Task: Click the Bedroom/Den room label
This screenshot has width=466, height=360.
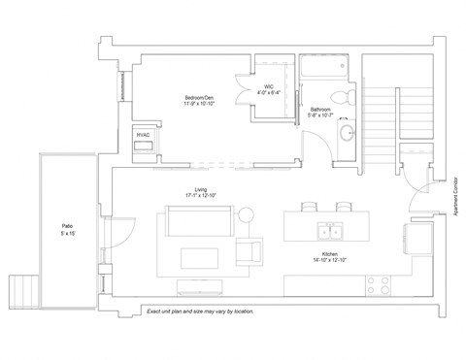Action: pyautogui.click(x=198, y=97)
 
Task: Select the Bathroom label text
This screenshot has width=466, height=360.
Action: pyautogui.click(x=319, y=110)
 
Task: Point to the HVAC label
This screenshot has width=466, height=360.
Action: pyautogui.click(x=143, y=134)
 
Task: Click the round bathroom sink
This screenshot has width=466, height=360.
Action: pyautogui.click(x=347, y=133)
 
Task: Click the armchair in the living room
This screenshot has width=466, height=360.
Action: pyautogui.click(x=250, y=252)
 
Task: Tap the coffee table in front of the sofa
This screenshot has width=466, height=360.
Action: pyautogui.click(x=201, y=257)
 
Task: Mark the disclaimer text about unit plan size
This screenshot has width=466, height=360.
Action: pyautogui.click(x=199, y=311)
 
